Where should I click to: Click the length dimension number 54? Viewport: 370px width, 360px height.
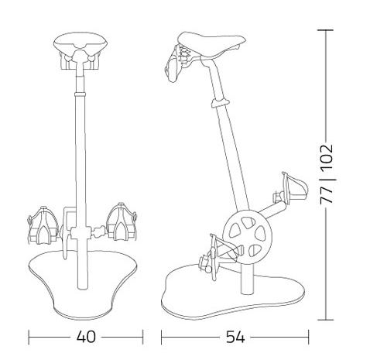236,337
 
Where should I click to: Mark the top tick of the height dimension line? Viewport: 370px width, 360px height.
327,30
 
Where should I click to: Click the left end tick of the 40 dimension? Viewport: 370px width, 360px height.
29,337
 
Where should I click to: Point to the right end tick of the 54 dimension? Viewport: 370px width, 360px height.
309,337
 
